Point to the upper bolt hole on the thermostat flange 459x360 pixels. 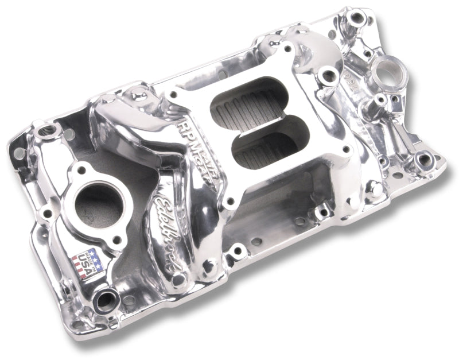click(x=80, y=170)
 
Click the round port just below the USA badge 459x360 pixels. click(x=107, y=299)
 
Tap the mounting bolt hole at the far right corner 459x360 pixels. click(x=425, y=159)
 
